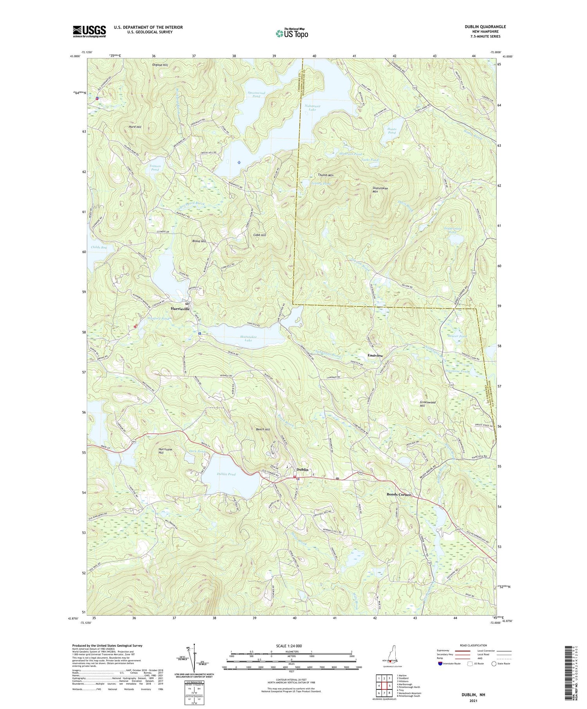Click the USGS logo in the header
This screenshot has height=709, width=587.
[x=89, y=31]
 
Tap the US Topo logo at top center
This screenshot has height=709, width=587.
[x=292, y=34]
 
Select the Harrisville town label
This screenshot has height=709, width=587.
[x=180, y=309]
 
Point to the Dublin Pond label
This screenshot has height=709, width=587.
[x=226, y=474]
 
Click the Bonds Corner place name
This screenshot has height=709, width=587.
[x=399, y=494]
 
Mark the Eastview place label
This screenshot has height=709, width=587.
[x=375, y=355]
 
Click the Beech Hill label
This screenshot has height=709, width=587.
[x=263, y=429]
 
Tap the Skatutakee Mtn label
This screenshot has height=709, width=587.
[x=380, y=190]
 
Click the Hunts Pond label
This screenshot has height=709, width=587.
[x=392, y=131]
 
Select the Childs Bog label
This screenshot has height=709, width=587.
[x=99, y=247]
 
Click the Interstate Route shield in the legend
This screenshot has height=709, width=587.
[x=440, y=664]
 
